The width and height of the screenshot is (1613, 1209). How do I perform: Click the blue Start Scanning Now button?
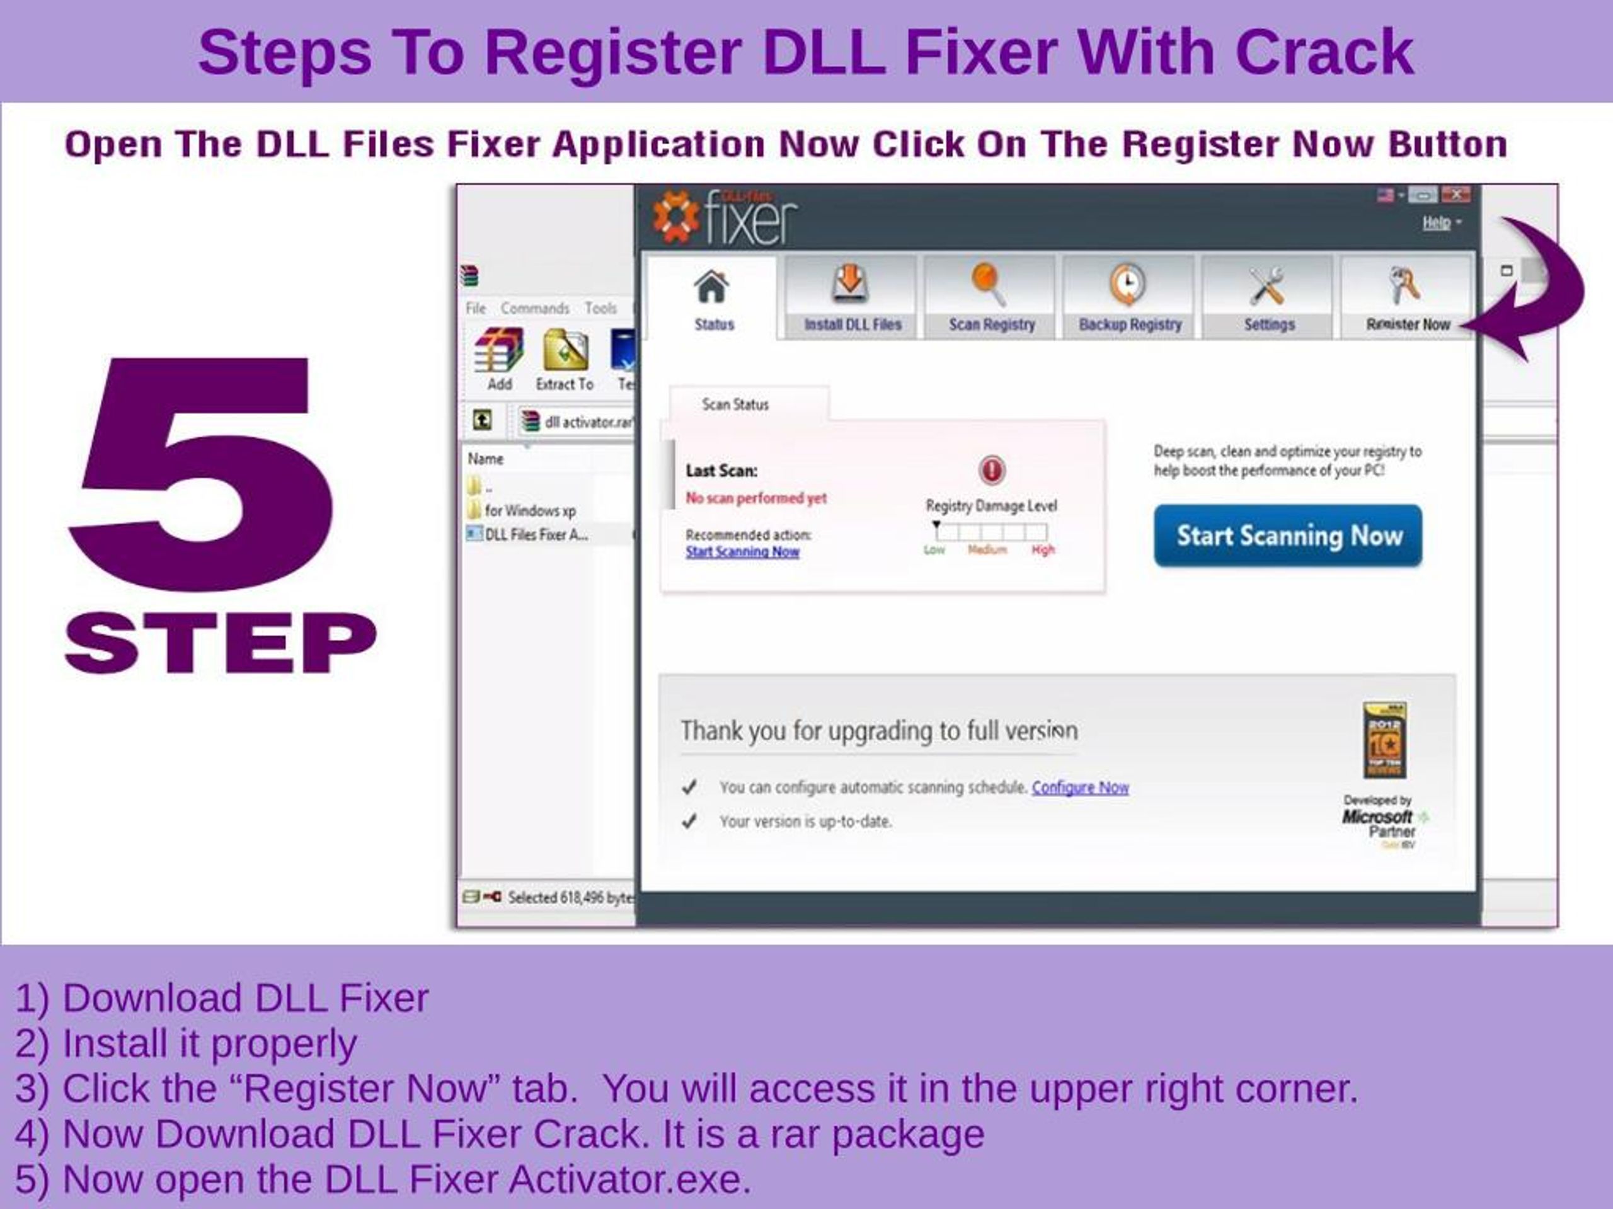tap(1288, 536)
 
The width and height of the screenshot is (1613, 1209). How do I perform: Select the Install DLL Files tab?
tap(852, 297)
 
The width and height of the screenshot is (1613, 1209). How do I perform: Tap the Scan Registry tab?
tap(991, 297)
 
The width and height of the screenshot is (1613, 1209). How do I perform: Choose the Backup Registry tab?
tap(1130, 297)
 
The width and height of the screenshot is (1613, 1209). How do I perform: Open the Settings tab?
tap(1269, 297)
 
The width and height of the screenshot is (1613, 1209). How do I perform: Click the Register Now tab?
tap(1408, 297)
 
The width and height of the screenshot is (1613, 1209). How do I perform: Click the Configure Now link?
tap(1080, 788)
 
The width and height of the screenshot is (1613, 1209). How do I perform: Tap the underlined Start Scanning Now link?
tap(742, 552)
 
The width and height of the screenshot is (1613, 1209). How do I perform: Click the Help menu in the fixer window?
tap(1437, 223)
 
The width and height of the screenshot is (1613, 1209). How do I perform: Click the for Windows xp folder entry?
tap(529, 510)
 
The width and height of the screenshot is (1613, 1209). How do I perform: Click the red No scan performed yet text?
tap(756, 498)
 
